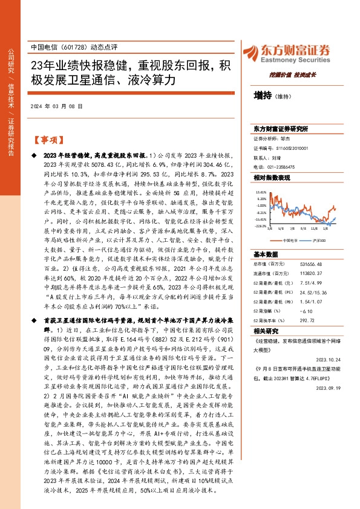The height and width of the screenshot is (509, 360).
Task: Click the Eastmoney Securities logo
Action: [x=296, y=53]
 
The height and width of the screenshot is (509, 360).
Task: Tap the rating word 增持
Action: [x=263, y=96]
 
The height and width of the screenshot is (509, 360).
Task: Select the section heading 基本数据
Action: [x=264, y=254]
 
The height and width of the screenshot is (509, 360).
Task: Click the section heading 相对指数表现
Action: [x=272, y=178]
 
